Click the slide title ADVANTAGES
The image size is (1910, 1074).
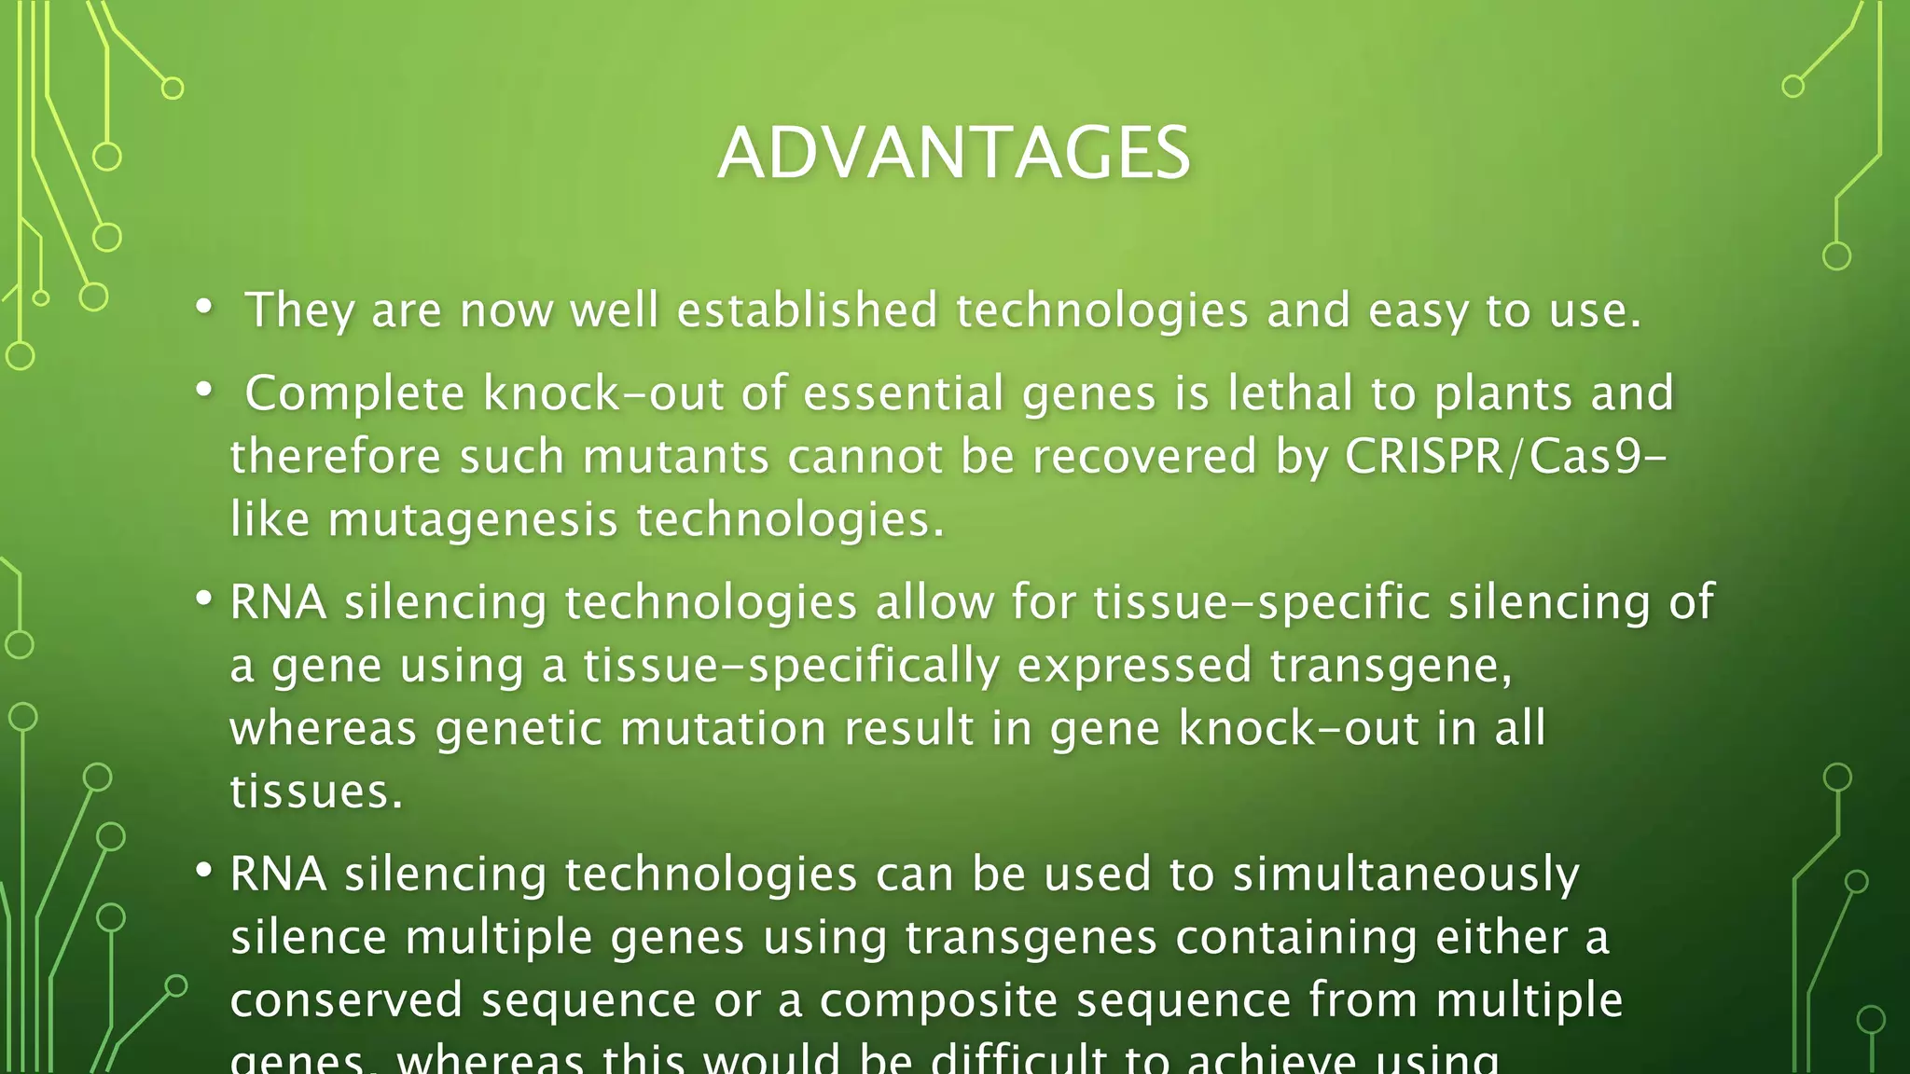click(x=954, y=153)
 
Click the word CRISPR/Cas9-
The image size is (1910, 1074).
click(x=1504, y=457)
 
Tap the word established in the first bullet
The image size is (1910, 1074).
click(x=807, y=310)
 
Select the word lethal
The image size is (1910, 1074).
click(x=1290, y=393)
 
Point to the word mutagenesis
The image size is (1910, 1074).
click(x=473, y=520)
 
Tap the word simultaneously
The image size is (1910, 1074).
click(x=1405, y=874)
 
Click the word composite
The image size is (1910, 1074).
click(x=938, y=1000)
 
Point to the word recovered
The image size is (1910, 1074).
click(x=1143, y=457)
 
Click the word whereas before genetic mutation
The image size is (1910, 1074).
click(x=323, y=728)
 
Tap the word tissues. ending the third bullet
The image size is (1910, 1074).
click(x=316, y=792)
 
